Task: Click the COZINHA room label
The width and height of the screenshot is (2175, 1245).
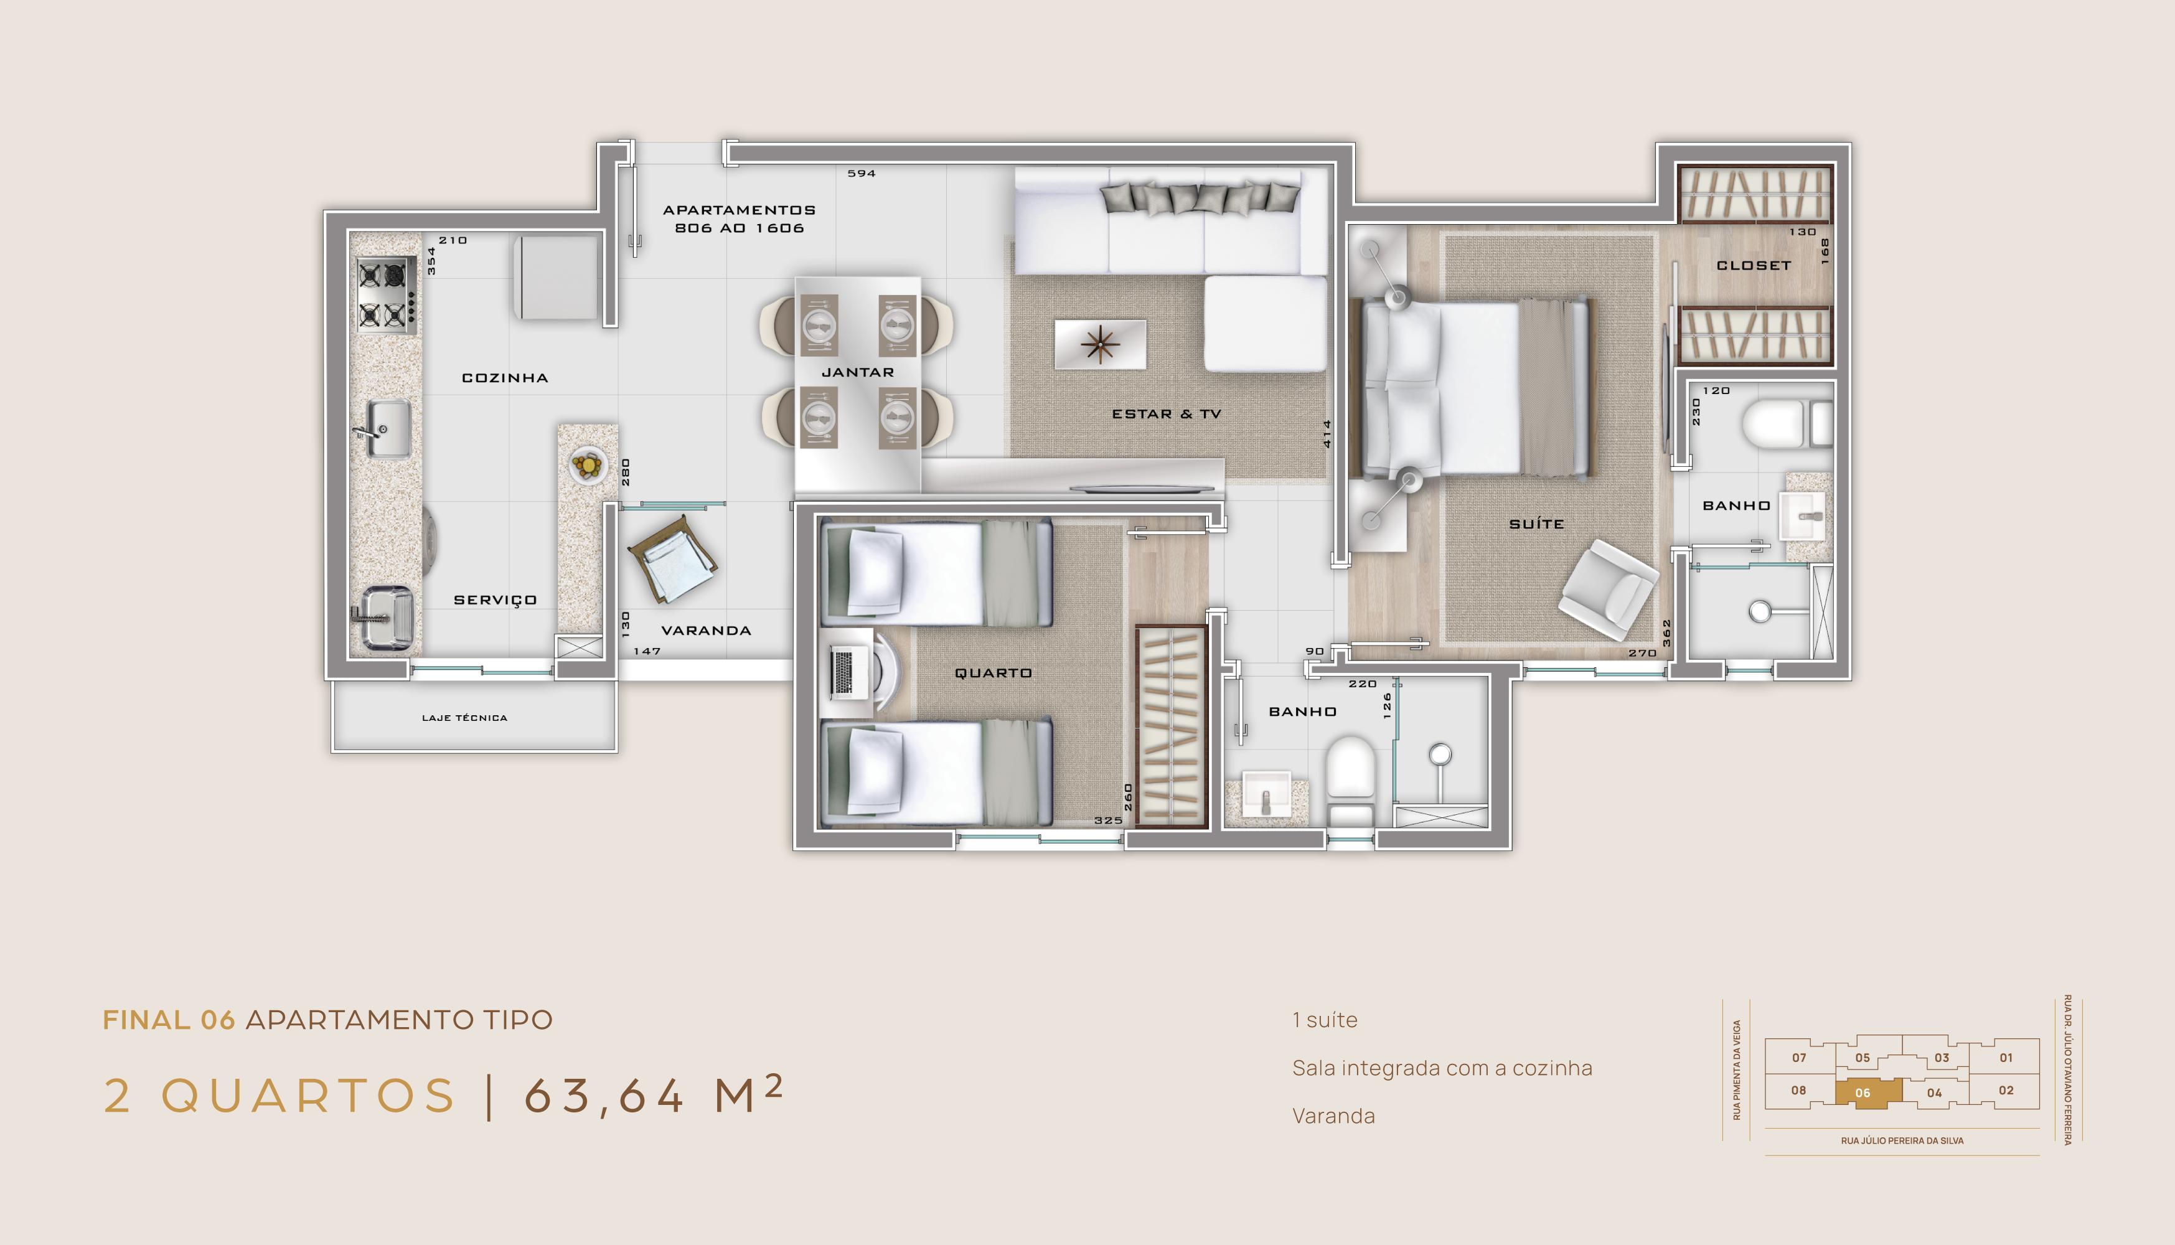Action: point(504,378)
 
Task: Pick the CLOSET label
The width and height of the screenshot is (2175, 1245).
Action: point(1754,266)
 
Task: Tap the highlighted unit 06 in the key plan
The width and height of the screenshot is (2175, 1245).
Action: point(1868,1092)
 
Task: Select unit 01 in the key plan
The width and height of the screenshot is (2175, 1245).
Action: point(2006,1058)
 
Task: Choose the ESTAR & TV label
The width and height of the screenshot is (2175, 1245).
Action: point(1166,414)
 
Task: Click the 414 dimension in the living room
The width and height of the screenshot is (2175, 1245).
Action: point(1327,433)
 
